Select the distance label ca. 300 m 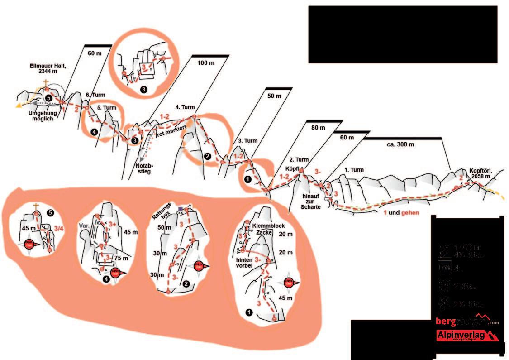[401, 145]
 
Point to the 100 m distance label [206, 63]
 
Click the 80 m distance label [319, 128]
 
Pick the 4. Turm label [186, 107]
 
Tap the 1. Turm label [355, 170]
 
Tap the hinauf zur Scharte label [310, 201]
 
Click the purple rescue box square [181, 209]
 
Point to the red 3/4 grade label [58, 229]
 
